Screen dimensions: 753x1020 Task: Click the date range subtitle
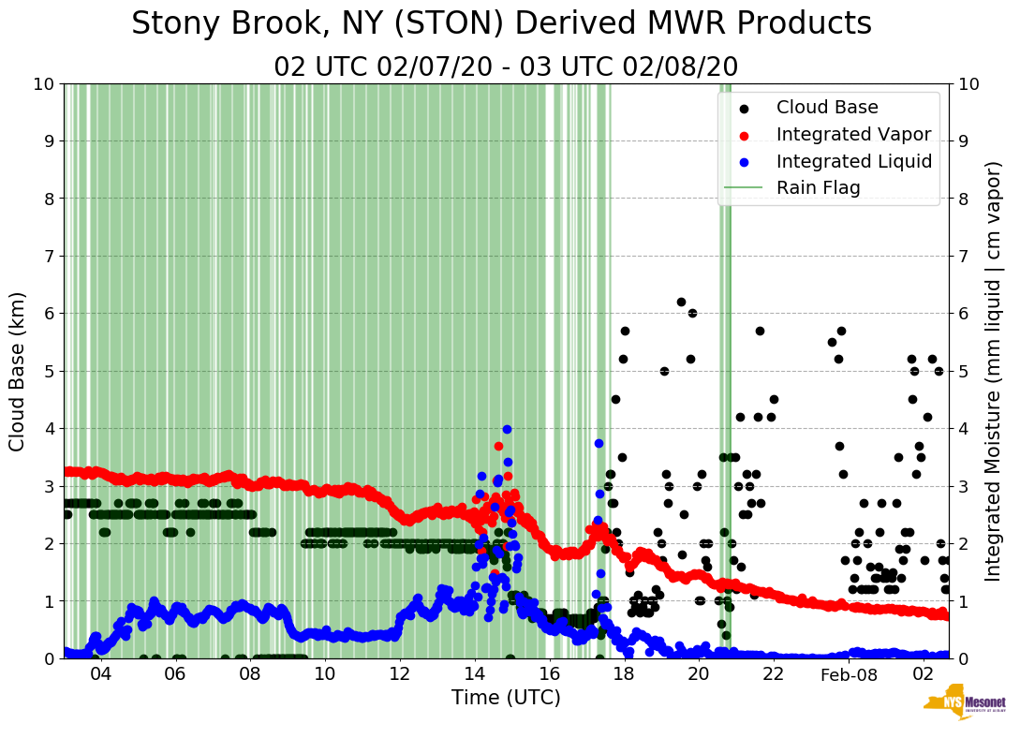click(x=506, y=67)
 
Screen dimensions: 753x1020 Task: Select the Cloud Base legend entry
click(x=827, y=107)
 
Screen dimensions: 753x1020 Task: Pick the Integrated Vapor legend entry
click(x=853, y=134)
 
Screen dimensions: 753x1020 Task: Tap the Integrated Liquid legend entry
click(x=854, y=161)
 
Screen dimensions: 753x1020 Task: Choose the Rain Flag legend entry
click(x=818, y=187)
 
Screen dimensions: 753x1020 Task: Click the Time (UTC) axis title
click(x=506, y=698)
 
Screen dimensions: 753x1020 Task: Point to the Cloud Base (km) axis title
click(x=18, y=371)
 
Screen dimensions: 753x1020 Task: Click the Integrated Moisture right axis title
click(x=994, y=371)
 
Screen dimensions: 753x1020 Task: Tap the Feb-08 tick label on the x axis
click(x=848, y=674)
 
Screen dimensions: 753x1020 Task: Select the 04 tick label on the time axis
click(x=100, y=674)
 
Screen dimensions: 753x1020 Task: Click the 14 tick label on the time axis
click(x=475, y=674)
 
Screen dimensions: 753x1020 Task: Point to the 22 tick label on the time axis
click(x=774, y=674)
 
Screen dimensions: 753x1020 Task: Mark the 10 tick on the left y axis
click(x=44, y=84)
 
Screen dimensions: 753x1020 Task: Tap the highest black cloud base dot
click(x=681, y=302)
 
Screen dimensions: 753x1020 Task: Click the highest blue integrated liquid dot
click(x=507, y=429)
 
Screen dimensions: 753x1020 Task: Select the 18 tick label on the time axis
click(x=624, y=674)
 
